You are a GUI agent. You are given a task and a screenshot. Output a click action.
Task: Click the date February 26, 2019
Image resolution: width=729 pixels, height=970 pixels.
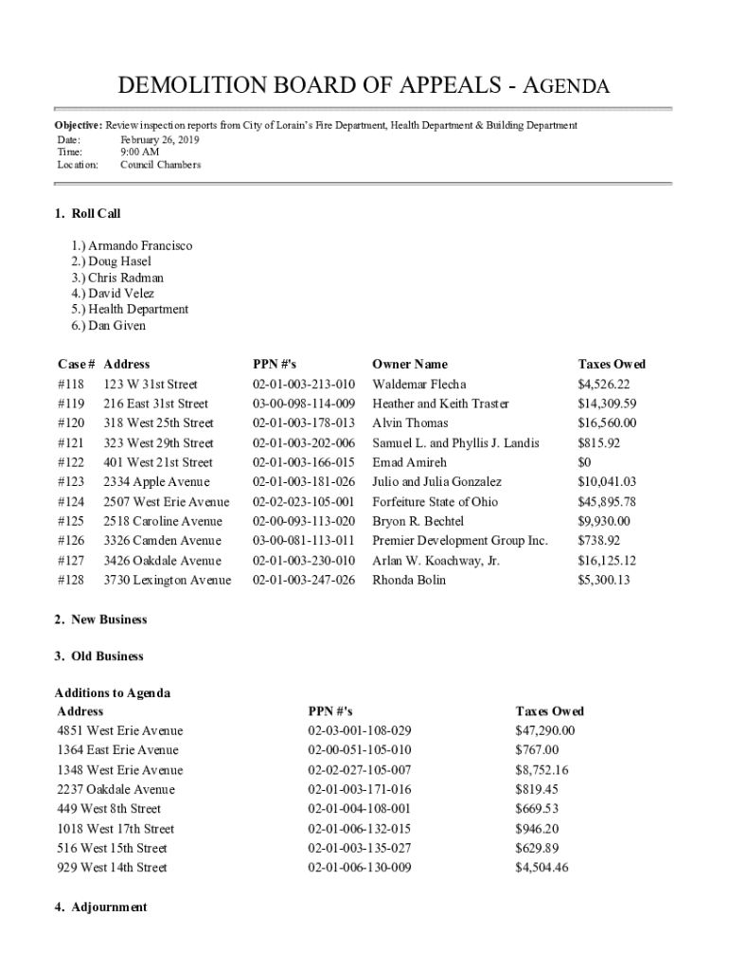(x=159, y=139)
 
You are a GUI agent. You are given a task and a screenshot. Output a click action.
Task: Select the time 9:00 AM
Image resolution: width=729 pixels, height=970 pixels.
(x=140, y=152)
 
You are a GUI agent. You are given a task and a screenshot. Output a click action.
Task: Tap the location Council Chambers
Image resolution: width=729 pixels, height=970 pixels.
(x=160, y=165)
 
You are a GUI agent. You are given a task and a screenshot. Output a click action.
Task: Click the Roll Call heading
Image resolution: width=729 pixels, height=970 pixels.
(x=88, y=214)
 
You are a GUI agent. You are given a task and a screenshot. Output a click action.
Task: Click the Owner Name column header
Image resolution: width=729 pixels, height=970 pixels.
(x=409, y=364)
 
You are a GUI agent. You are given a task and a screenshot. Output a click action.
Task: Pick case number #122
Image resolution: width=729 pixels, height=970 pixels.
(x=71, y=462)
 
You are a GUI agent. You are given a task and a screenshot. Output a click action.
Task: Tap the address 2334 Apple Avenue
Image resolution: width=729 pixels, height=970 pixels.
(x=156, y=482)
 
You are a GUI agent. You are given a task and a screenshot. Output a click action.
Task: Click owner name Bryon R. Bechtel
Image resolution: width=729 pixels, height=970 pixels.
(x=418, y=521)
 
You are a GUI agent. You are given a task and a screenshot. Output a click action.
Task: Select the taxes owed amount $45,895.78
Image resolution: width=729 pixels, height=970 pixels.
(x=606, y=502)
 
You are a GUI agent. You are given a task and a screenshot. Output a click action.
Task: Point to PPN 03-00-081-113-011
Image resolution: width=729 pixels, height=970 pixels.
(x=303, y=541)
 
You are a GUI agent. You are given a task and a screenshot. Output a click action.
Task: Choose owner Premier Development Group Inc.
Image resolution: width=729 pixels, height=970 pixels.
(x=459, y=541)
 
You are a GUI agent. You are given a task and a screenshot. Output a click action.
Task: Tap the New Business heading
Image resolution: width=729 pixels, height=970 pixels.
(x=100, y=620)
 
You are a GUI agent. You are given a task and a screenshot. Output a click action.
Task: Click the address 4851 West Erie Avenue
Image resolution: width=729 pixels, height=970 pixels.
(x=119, y=730)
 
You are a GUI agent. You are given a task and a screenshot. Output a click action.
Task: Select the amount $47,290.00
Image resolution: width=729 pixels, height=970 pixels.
(x=544, y=730)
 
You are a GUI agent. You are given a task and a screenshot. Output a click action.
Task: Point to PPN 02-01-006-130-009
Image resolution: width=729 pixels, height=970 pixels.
(x=359, y=868)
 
